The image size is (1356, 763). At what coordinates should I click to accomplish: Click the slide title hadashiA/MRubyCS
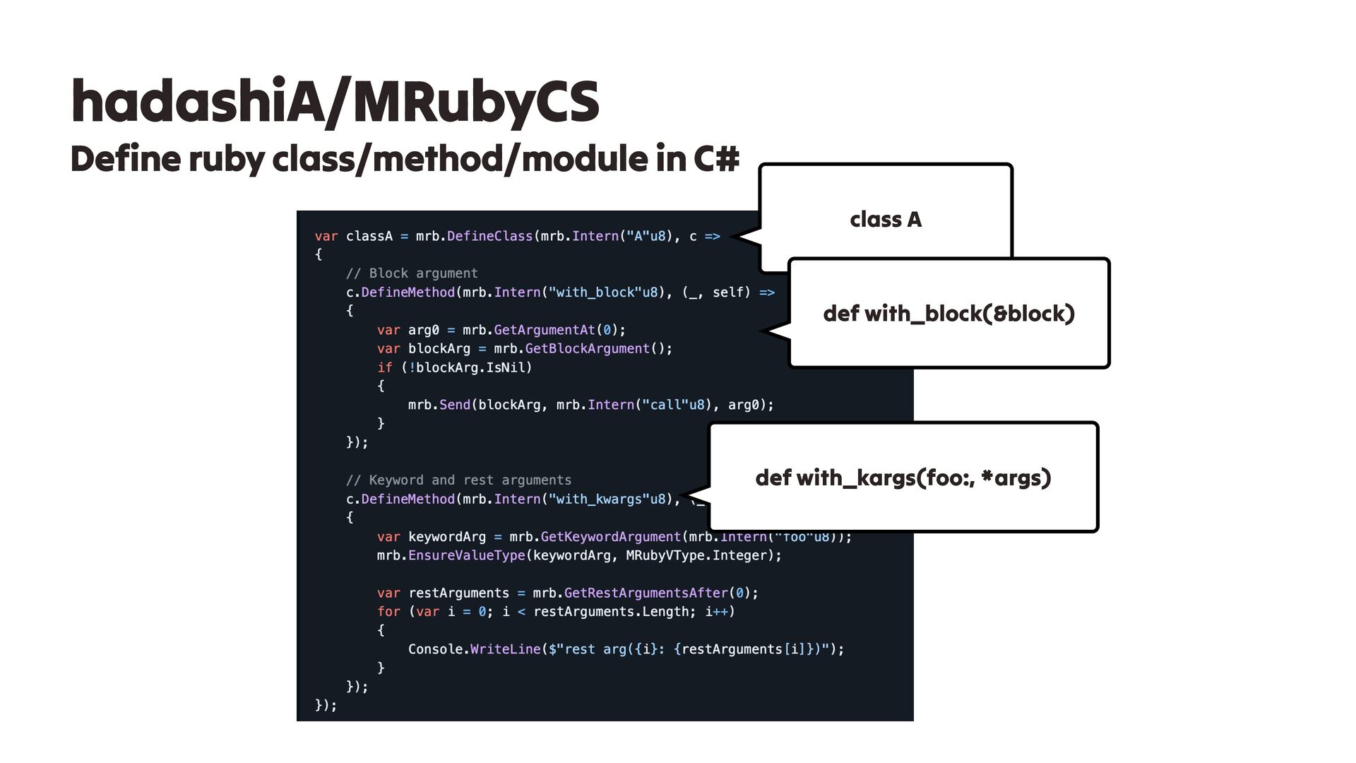(335, 102)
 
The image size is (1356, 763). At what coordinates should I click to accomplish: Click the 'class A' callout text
(886, 220)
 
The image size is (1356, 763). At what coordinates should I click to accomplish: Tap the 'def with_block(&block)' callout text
(948, 313)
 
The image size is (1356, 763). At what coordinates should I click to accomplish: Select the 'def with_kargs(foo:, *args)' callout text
(903, 478)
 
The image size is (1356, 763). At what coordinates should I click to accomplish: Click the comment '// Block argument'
(412, 273)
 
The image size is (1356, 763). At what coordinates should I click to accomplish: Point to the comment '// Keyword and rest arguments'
(458, 480)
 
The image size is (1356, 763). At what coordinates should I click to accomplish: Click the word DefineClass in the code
(489, 236)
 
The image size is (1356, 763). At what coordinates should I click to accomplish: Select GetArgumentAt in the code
(544, 330)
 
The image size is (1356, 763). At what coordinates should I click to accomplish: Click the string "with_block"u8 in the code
(603, 292)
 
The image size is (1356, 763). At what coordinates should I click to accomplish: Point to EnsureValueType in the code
(466, 555)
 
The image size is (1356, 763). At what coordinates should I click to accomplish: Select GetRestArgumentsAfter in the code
(646, 593)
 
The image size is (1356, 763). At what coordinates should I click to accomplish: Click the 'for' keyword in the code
(388, 612)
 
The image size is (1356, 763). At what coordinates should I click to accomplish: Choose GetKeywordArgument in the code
(610, 537)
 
